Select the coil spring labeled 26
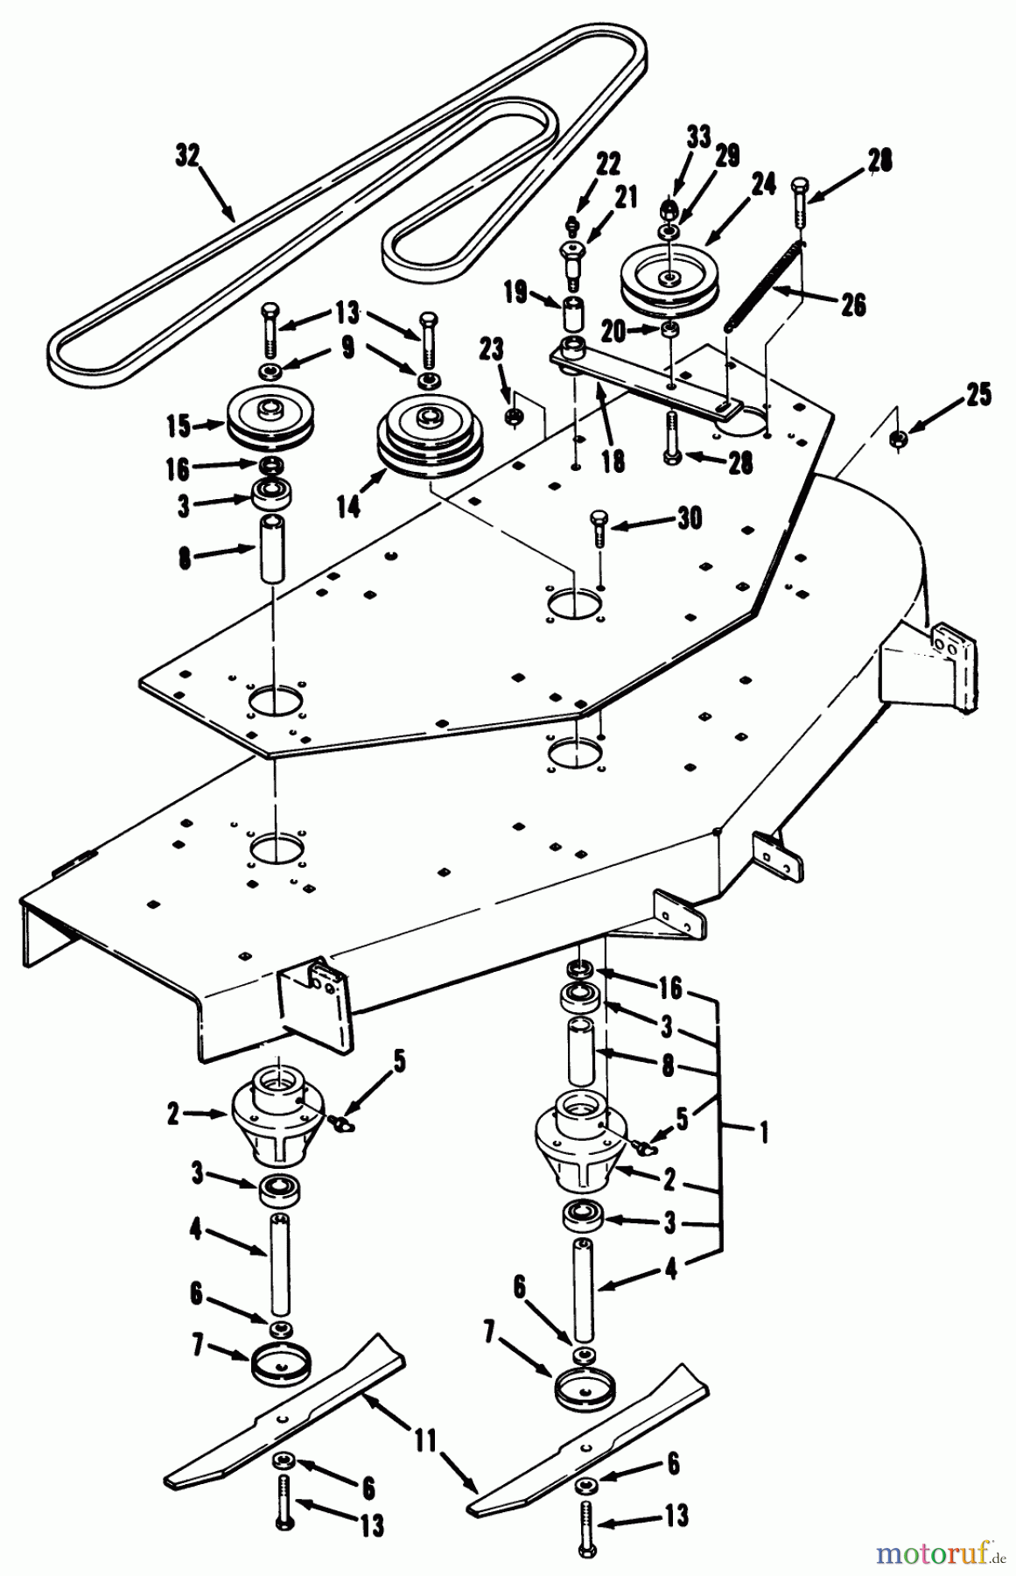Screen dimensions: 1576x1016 click(x=763, y=285)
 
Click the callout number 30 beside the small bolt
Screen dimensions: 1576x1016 click(x=688, y=519)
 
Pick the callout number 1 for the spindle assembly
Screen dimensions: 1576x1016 click(x=763, y=1133)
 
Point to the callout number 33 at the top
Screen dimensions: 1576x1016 click(x=697, y=137)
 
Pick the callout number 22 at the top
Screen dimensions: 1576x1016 click(x=583, y=164)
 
